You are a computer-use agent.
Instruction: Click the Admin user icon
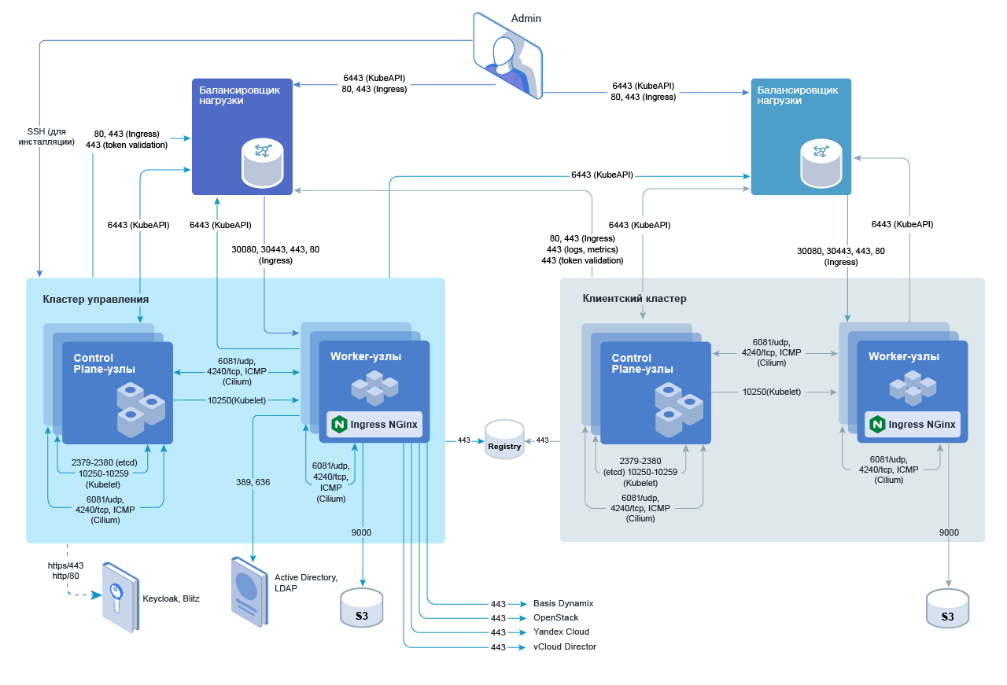(x=508, y=55)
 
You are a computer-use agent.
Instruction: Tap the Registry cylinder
(x=504, y=442)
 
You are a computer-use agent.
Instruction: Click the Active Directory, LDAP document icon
(x=245, y=591)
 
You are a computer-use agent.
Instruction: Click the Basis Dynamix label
(x=563, y=603)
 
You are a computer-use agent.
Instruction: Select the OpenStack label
(x=556, y=617)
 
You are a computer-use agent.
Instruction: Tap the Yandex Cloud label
(x=561, y=632)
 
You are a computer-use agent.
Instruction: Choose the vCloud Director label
(x=565, y=646)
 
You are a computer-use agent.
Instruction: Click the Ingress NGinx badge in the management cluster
(x=375, y=425)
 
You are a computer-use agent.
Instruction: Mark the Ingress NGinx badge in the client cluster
(x=913, y=425)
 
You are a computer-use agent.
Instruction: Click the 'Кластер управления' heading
(x=96, y=300)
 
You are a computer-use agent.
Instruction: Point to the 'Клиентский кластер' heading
(x=634, y=299)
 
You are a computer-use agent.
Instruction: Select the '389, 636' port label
(x=253, y=482)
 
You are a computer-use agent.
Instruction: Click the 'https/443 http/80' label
(x=65, y=570)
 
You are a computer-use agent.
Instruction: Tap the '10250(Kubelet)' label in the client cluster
(x=772, y=391)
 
